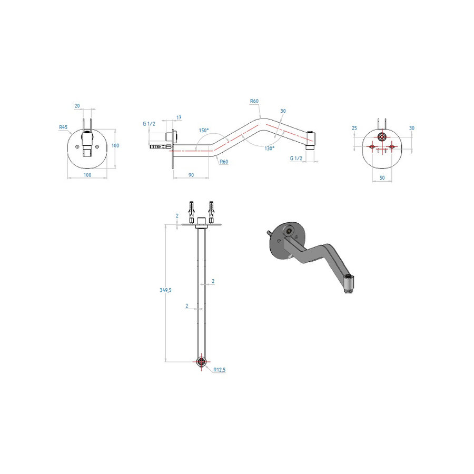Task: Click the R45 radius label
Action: pyautogui.click(x=63, y=126)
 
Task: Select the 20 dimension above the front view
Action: pyautogui.click(x=77, y=106)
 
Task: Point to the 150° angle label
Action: pyautogui.click(x=203, y=130)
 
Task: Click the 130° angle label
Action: pyautogui.click(x=269, y=149)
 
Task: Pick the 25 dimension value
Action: pyautogui.click(x=354, y=128)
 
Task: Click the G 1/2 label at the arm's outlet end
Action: pyautogui.click(x=295, y=158)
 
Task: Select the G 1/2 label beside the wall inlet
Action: pyautogui.click(x=149, y=124)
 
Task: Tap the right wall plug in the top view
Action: pyautogui.click(x=212, y=212)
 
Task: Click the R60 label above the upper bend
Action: pyautogui.click(x=254, y=101)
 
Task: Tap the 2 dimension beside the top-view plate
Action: pyautogui.click(x=177, y=216)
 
